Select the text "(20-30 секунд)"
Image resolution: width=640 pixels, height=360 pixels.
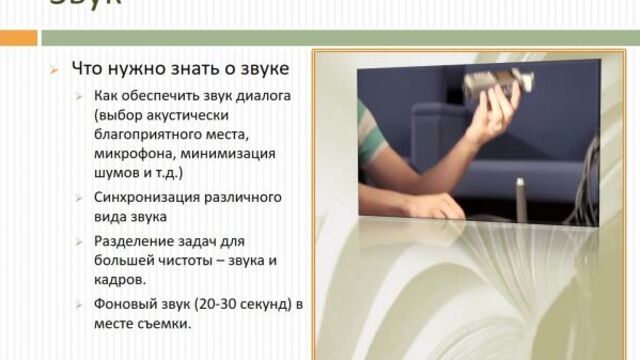click(x=237, y=305)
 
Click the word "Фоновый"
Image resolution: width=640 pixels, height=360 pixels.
click(x=123, y=305)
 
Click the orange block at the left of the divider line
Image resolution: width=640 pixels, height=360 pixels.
click(x=18, y=37)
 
